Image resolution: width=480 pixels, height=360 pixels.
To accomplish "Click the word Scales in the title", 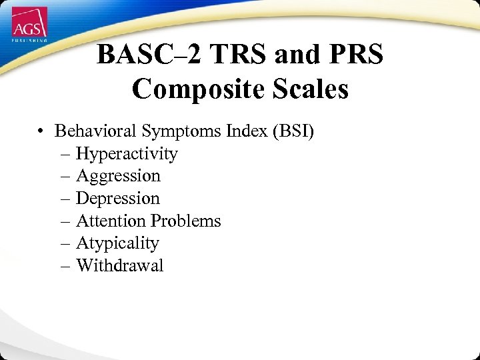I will tap(307, 89).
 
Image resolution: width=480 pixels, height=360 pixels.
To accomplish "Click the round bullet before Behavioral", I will tap(41, 131).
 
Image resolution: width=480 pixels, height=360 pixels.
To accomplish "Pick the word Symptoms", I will tap(185, 131).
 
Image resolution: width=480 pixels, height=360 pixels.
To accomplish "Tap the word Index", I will tap(246, 131).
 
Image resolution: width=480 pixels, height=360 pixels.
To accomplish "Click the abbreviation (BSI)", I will tap(292, 131).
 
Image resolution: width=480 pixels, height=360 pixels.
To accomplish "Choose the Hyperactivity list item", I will tap(127, 154).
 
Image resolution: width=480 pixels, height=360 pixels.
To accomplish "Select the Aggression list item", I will tap(118, 176).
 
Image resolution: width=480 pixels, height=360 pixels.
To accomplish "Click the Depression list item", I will tap(118, 199).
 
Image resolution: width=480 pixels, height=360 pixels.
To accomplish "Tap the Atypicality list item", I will tap(117, 243).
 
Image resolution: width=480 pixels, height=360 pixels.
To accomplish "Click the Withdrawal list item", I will tap(119, 265).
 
